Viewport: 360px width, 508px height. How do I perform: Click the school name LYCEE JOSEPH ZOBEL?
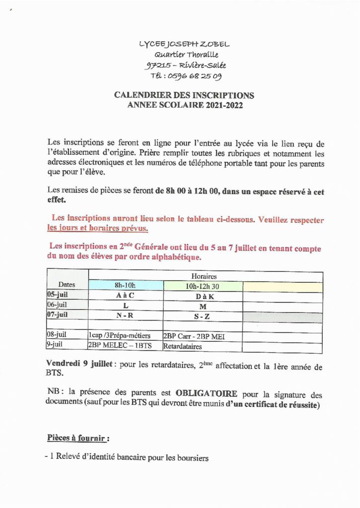tap(185, 44)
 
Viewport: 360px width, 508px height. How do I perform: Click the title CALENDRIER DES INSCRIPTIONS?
tap(184, 95)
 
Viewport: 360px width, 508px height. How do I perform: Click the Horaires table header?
tap(204, 276)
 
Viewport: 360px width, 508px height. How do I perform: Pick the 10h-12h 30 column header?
tap(203, 285)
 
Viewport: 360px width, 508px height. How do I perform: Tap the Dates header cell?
tap(67, 284)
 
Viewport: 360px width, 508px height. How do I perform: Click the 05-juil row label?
tap(58, 295)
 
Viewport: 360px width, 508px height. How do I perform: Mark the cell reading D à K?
tap(203, 295)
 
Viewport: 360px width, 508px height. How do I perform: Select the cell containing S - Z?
tap(203, 317)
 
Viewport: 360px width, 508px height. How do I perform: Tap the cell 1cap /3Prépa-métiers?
tap(119, 336)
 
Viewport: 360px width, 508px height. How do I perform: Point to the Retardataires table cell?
tap(183, 347)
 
